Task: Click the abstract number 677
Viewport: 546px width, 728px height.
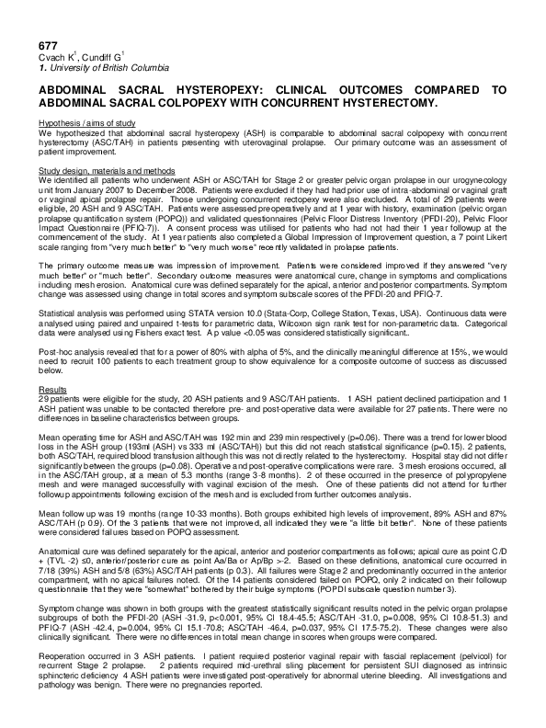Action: click(x=49, y=45)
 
